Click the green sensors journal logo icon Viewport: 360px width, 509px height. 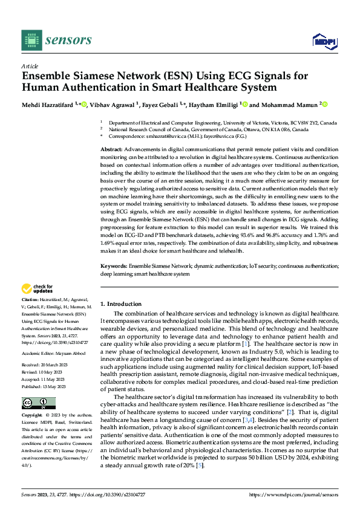point(31,40)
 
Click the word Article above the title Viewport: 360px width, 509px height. point(30,66)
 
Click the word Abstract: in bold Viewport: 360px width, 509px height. point(111,149)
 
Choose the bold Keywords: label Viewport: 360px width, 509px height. point(114,265)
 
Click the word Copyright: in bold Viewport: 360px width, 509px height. point(32,415)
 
